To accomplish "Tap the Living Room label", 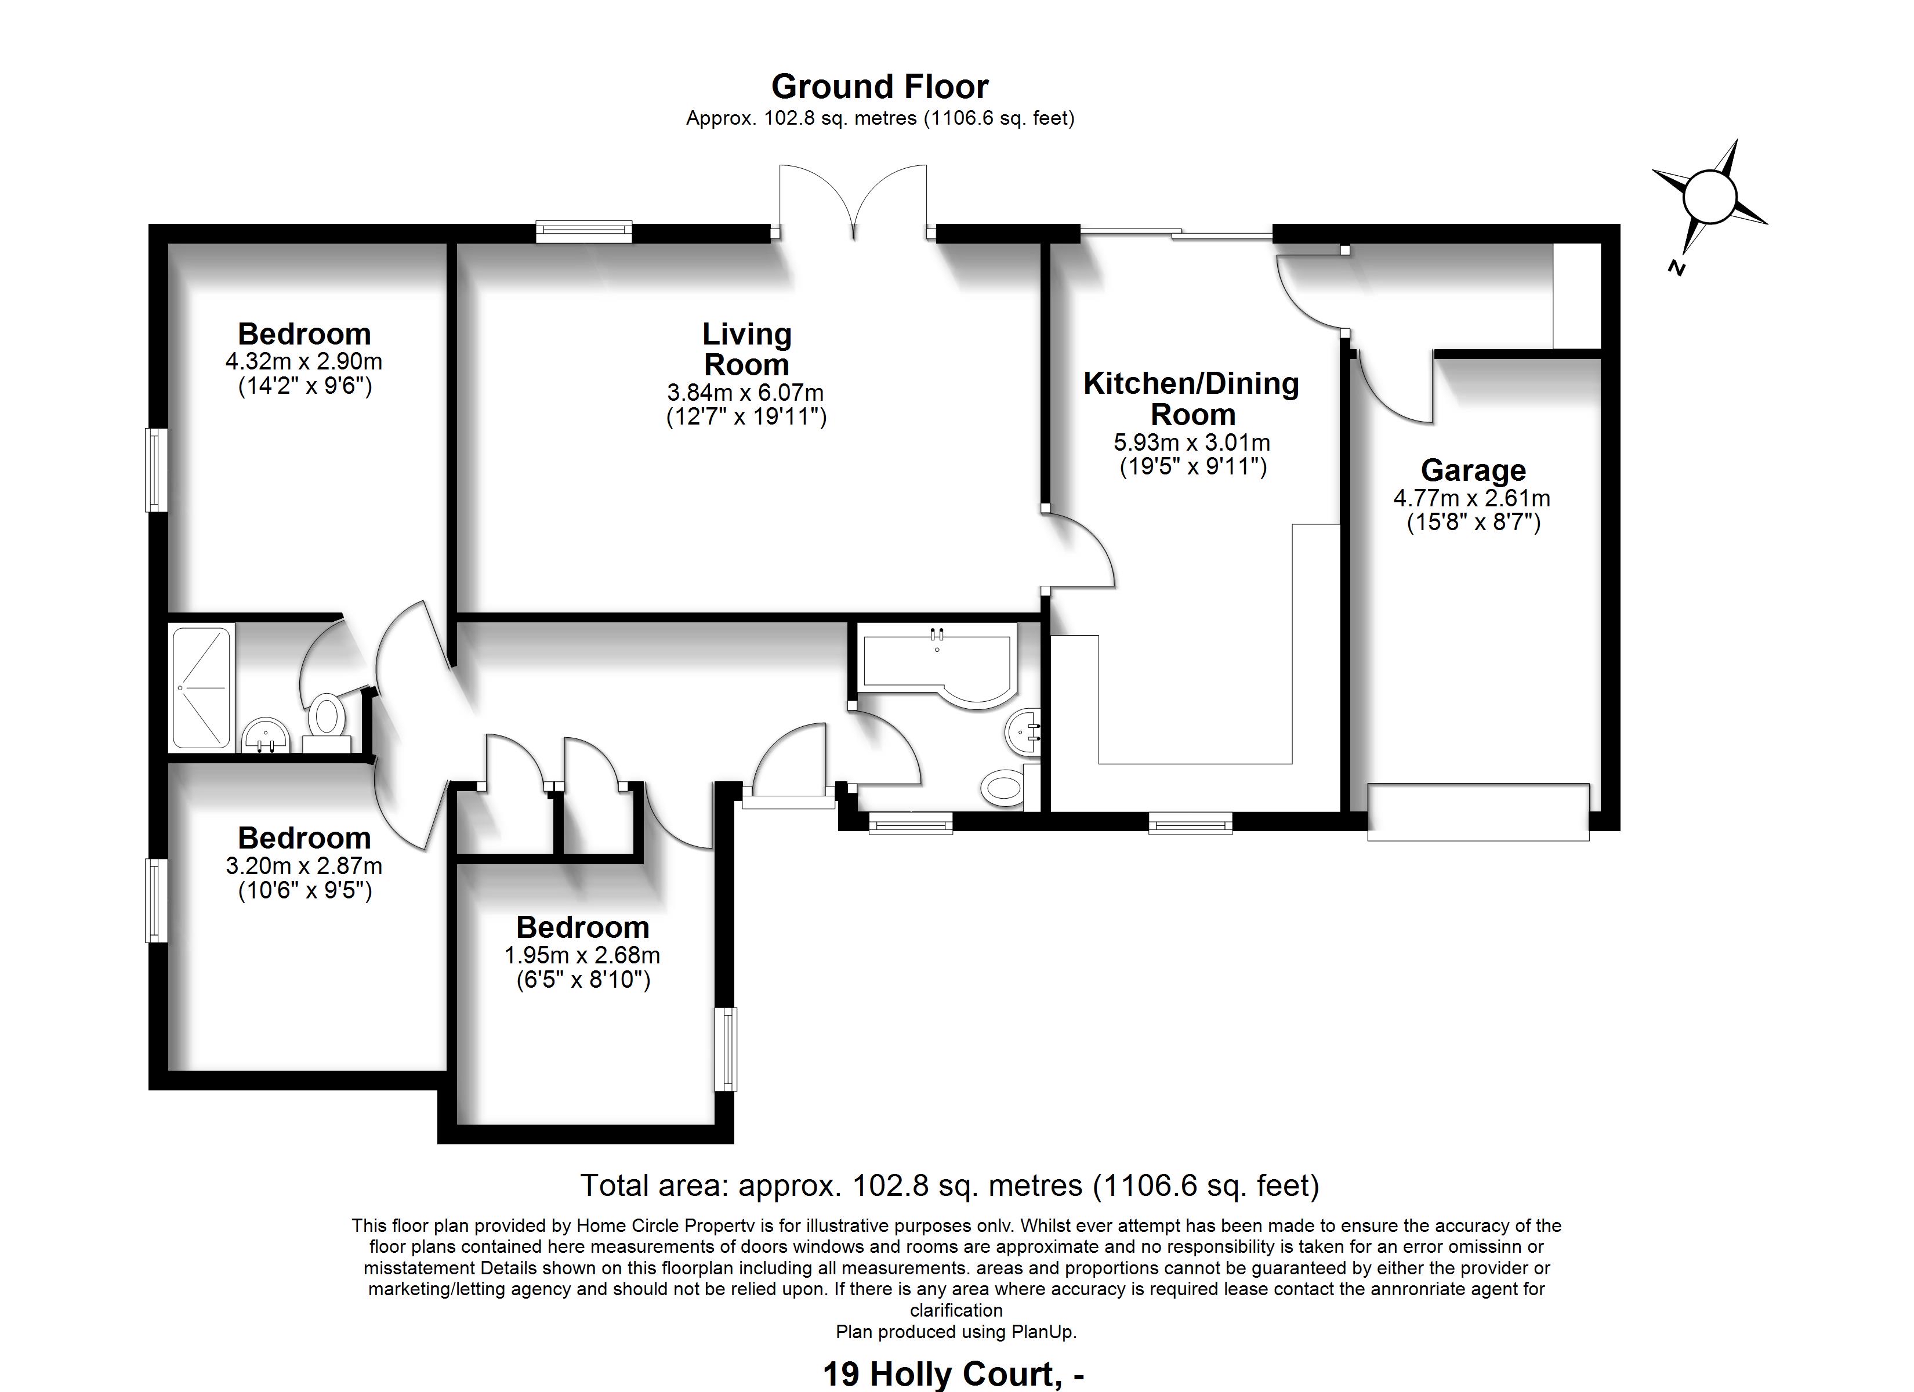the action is pos(747,350).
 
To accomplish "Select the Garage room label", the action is pos(1473,470).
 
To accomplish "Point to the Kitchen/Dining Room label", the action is pos(1191,398).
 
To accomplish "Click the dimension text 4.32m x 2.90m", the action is pos(304,362).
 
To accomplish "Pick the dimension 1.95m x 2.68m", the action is pos(582,956).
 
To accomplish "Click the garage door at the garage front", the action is pos(1478,811).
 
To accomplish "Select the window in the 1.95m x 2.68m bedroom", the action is pos(725,1049).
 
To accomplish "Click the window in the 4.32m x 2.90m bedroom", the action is pos(156,470).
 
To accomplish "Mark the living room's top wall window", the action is pos(584,231).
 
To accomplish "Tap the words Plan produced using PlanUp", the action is pos(956,1332).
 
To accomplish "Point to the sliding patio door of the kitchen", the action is pos(1176,231).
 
